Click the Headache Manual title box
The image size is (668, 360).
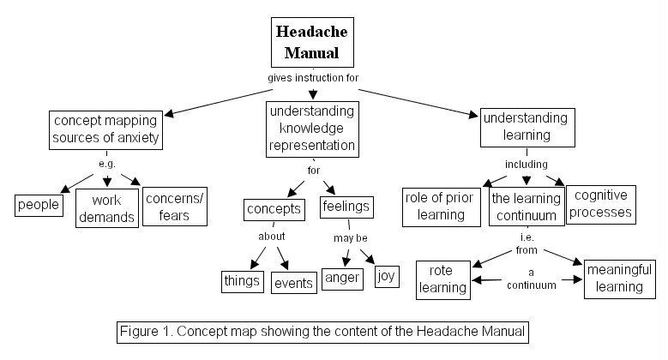tap(312, 43)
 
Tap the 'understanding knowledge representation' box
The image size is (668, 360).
tap(312, 129)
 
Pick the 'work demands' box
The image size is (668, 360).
tap(106, 207)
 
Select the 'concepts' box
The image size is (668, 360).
tap(274, 209)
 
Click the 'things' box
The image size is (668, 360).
tap(243, 280)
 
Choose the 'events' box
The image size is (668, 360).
tap(294, 281)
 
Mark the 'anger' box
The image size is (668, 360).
tap(343, 278)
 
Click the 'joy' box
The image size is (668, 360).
tap(387, 277)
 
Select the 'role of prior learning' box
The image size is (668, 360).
tap(442, 207)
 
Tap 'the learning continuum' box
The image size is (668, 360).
tap(527, 207)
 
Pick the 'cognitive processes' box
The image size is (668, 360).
tap(601, 203)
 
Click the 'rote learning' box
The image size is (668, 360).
tap(443, 279)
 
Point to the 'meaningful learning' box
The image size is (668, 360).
tap(614, 279)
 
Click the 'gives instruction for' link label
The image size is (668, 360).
tap(312, 78)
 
